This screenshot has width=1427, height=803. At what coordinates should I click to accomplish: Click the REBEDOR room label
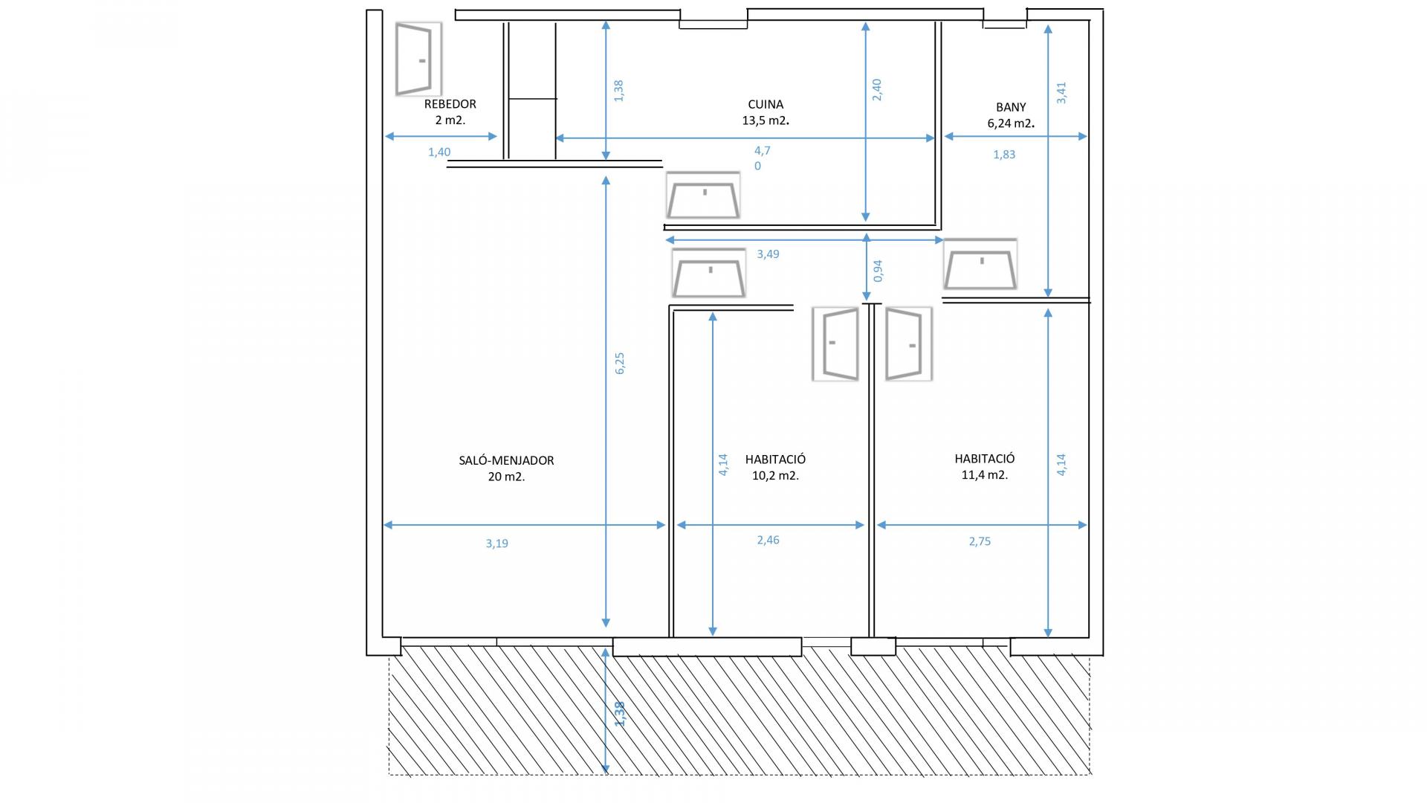pos(450,104)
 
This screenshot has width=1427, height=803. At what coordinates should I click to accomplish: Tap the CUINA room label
pos(766,105)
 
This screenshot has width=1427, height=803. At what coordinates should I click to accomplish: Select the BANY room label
pos(1011,107)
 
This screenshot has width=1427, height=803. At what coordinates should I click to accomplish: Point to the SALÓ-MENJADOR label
pos(506,460)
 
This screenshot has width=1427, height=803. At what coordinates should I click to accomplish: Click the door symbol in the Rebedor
pos(418,59)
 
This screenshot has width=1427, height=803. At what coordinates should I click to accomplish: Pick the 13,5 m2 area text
pos(766,120)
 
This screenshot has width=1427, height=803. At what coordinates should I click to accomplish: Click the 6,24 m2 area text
pos(1011,123)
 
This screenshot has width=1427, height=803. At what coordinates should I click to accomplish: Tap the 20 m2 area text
pos(506,477)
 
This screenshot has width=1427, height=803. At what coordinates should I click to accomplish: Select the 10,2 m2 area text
pos(775,476)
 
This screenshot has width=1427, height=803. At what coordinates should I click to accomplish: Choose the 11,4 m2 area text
pos(985,475)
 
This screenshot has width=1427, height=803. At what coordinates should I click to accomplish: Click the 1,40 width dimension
pos(439,152)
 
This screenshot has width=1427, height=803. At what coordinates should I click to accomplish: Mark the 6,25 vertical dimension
pos(620,363)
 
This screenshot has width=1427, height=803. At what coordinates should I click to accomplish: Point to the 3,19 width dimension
pos(497,544)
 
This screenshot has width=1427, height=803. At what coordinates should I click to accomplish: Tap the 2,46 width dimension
pos(768,540)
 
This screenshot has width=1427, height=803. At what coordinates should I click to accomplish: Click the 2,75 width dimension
pos(980,541)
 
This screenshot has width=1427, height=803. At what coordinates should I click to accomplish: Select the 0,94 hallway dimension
pos(878,271)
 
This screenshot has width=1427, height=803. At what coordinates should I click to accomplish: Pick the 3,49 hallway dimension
pos(768,254)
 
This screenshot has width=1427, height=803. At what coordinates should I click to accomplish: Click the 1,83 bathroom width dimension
pos(1004,155)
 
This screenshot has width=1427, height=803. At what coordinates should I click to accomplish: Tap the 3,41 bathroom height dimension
pos(1061,93)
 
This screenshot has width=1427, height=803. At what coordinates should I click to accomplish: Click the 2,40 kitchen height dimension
pos(877,90)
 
